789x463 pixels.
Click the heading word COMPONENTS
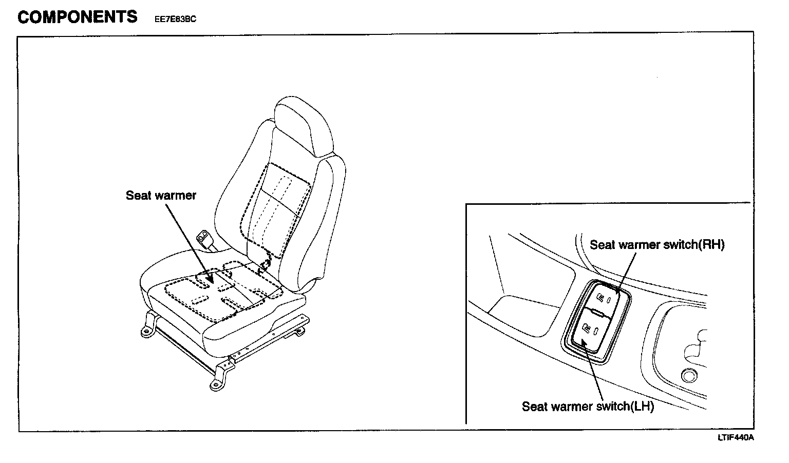click(x=78, y=17)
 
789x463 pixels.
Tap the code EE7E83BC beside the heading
click(x=176, y=20)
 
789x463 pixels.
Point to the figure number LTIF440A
click(x=736, y=437)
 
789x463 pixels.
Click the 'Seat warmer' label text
click(x=161, y=196)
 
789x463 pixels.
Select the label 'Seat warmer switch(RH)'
click(x=657, y=245)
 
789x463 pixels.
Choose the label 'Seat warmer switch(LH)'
click(x=588, y=407)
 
